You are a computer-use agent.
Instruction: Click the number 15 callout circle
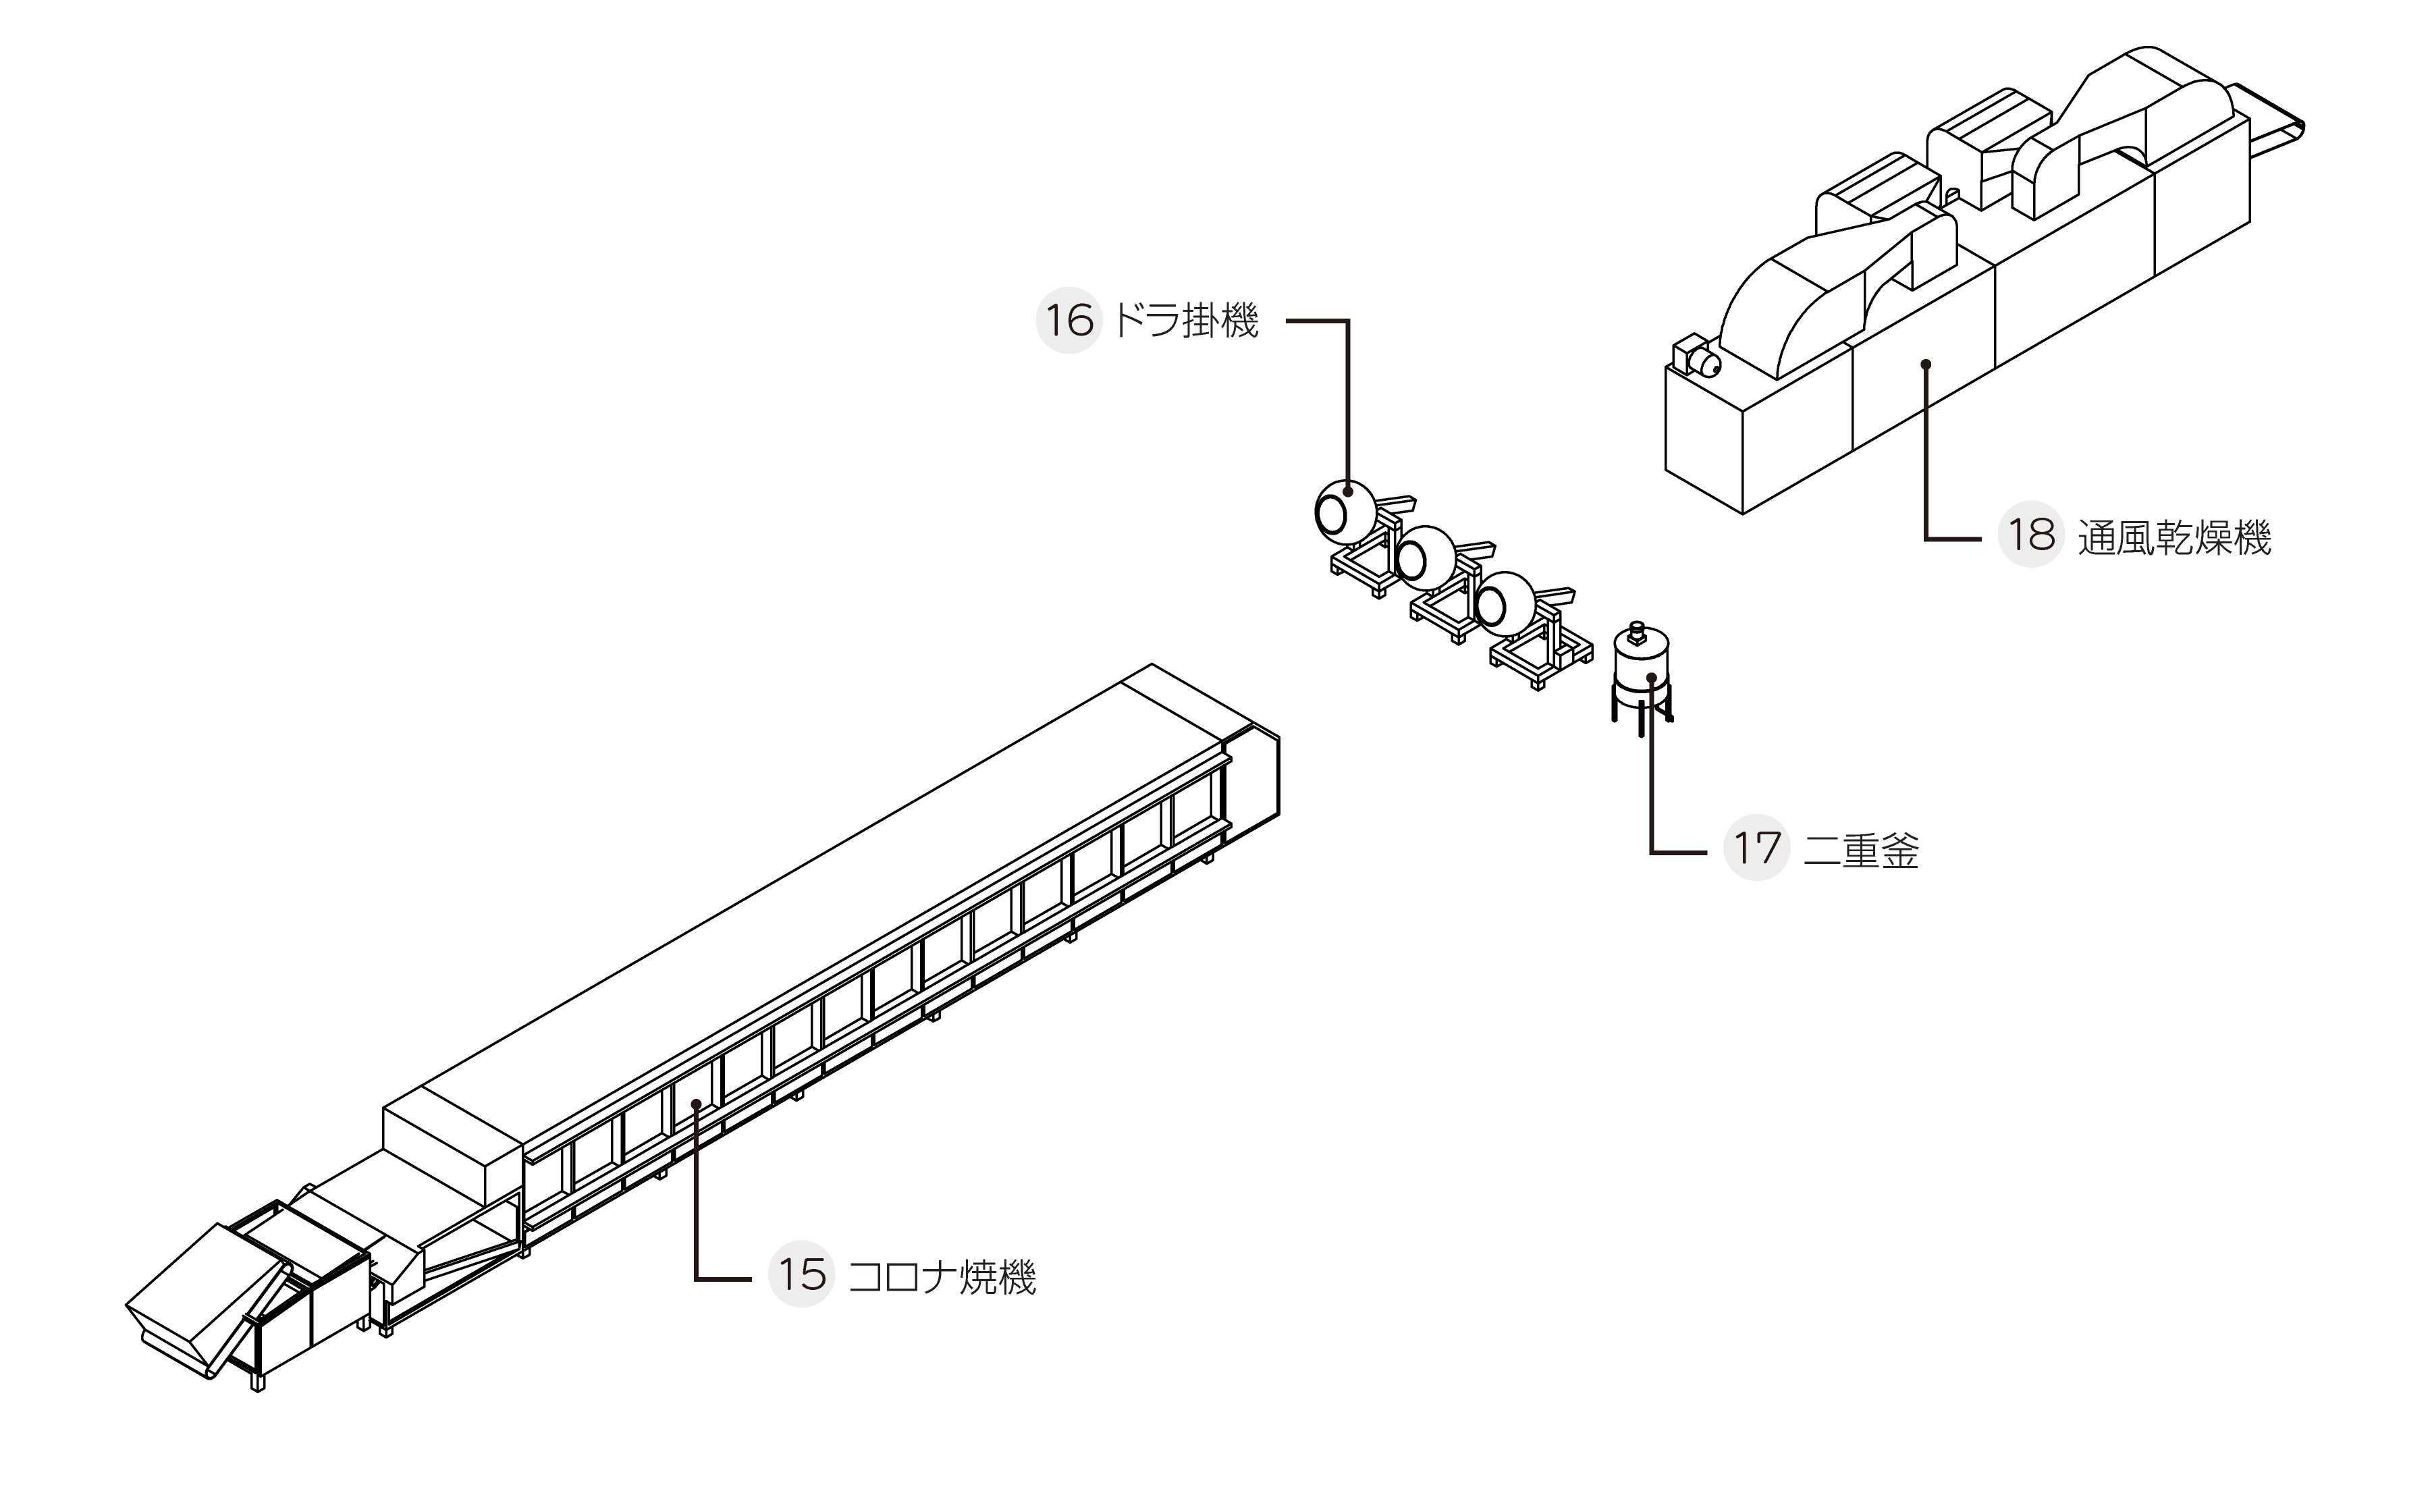tap(802, 1274)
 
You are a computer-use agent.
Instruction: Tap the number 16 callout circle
tap(1069, 321)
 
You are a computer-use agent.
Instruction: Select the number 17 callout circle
tap(1756, 848)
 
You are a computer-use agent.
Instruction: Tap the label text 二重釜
tap(1861, 850)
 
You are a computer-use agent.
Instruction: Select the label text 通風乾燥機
tap(2175, 537)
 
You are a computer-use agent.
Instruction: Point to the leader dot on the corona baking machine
tap(696, 1104)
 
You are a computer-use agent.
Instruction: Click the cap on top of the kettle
tap(1637, 631)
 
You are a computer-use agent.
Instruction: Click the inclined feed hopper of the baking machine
tap(207, 1297)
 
